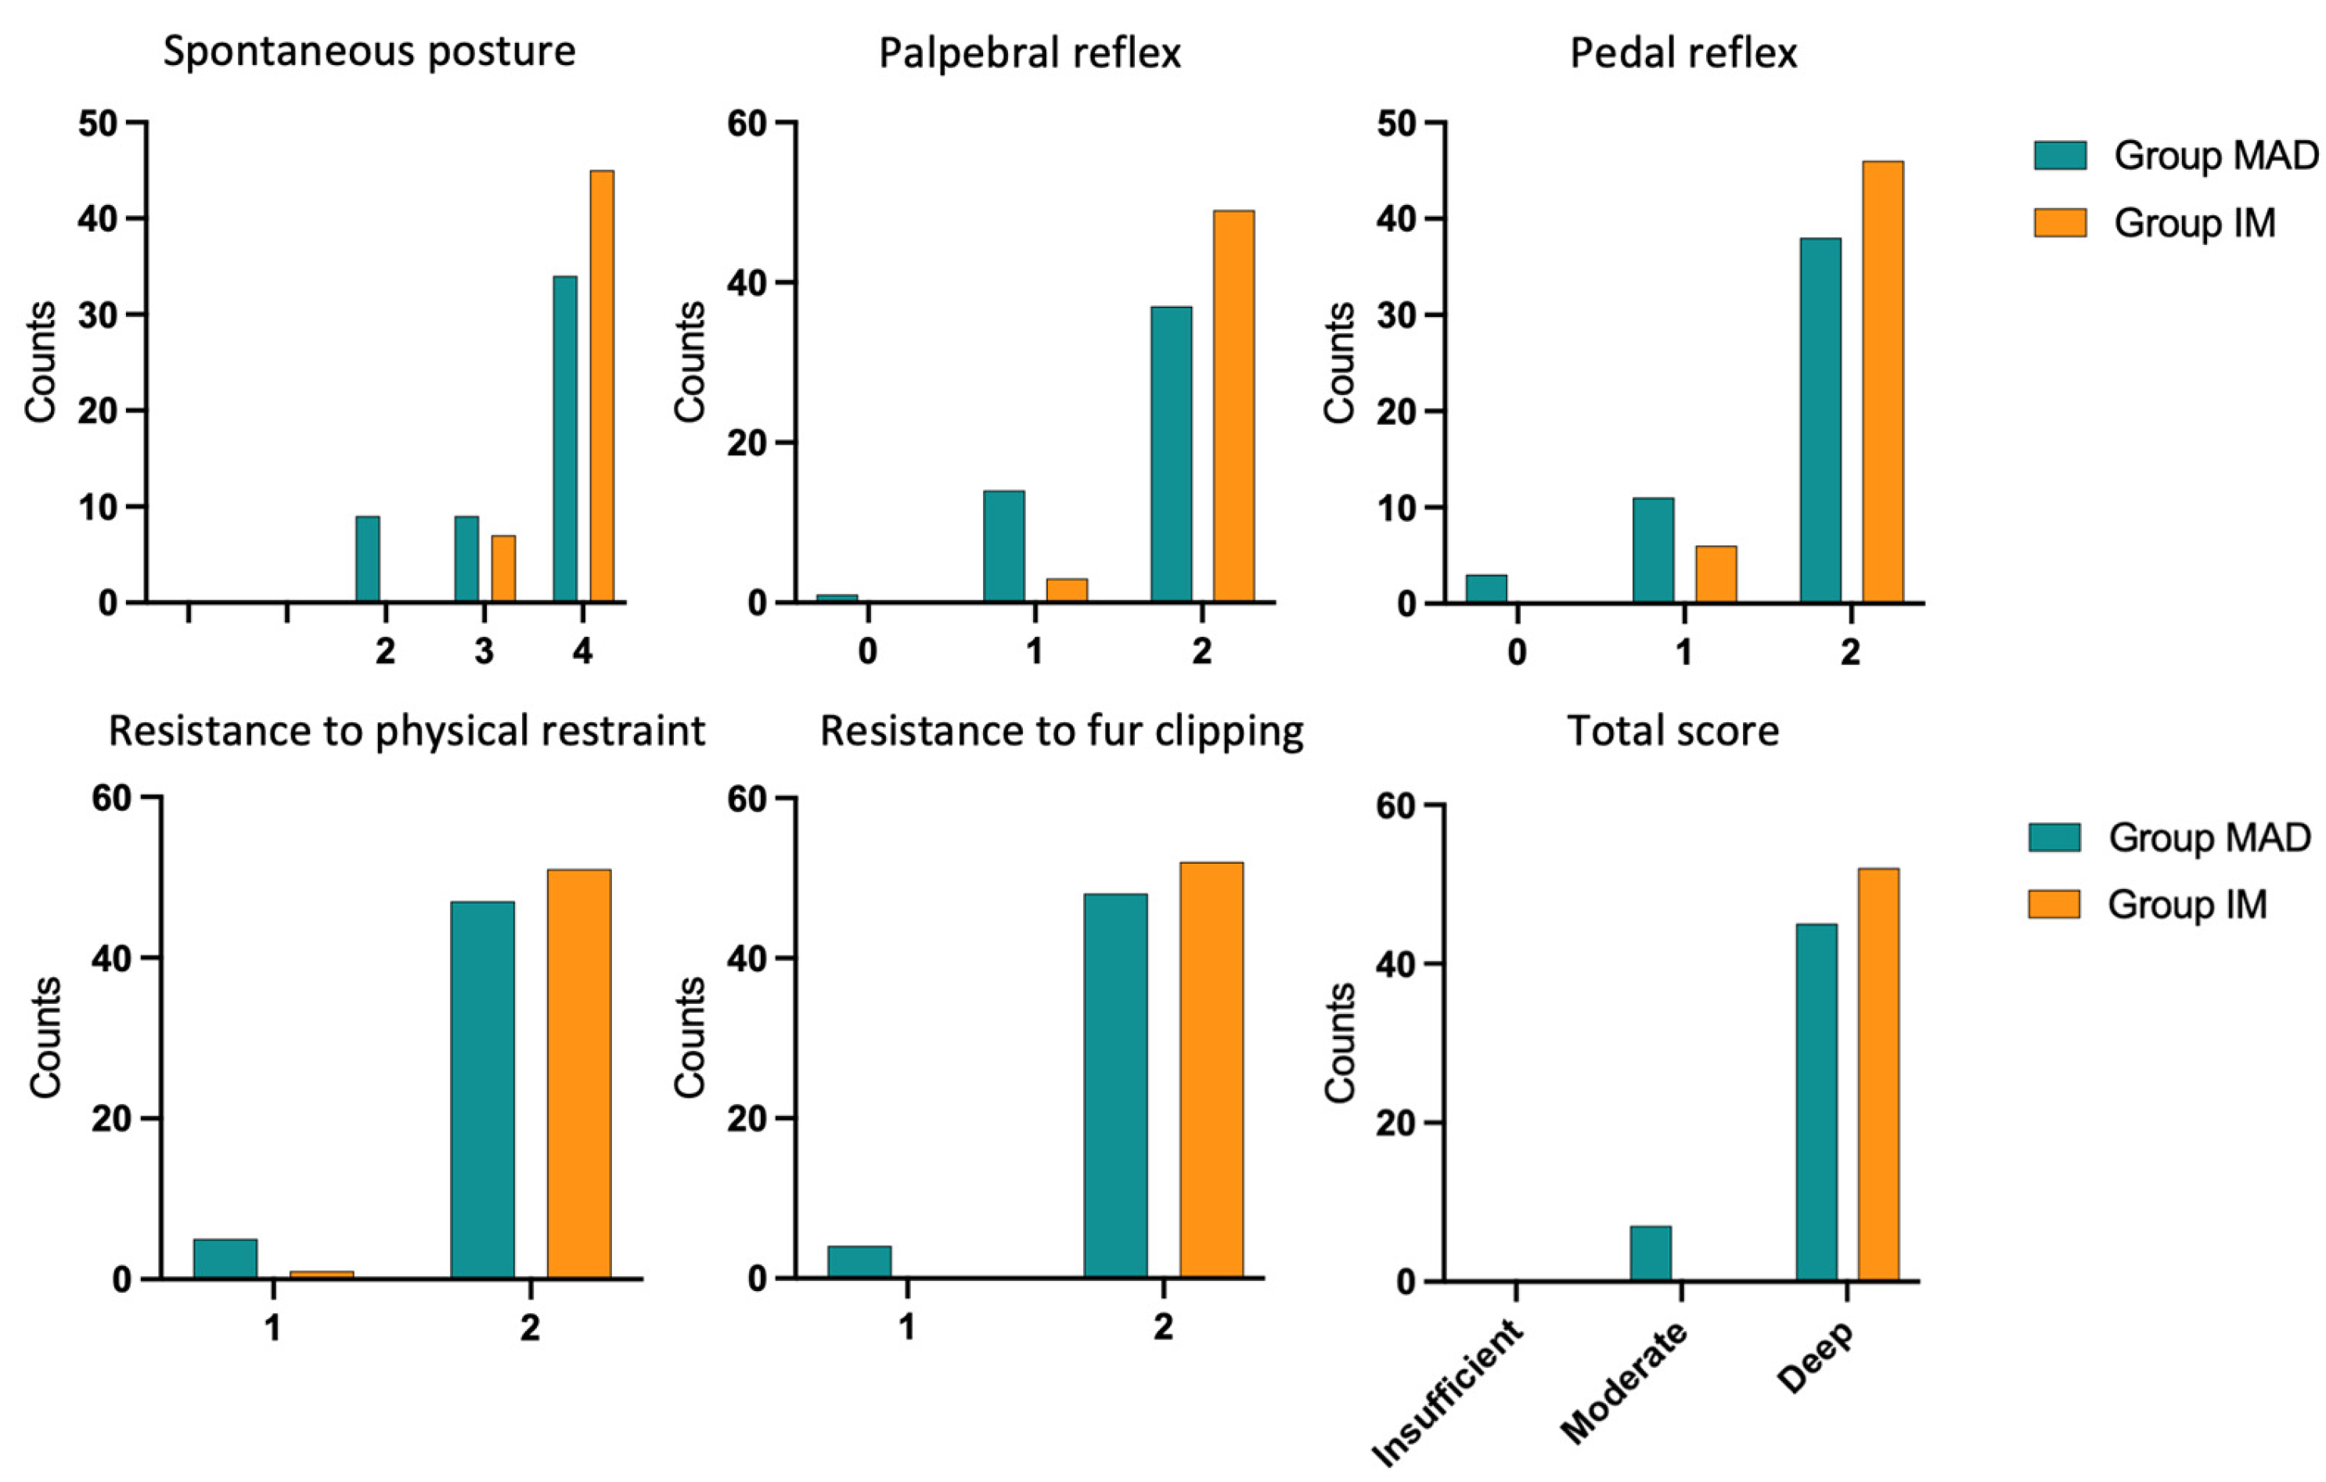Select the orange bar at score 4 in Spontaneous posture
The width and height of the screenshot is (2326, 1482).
[x=602, y=387]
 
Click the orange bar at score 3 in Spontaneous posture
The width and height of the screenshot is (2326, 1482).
[x=503, y=569]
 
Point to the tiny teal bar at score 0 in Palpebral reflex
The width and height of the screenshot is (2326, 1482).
[x=837, y=599]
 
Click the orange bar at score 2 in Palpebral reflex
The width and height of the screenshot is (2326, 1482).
[x=1233, y=406]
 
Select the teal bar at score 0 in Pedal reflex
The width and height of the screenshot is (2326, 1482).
[x=1486, y=589]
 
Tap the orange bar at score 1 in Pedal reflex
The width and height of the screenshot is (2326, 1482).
[x=1716, y=574]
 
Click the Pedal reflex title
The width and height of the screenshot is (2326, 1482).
[x=1683, y=52]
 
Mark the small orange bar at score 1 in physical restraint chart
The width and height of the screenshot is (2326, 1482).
[x=322, y=1275]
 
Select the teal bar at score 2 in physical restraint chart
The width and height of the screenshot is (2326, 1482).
[x=482, y=1090]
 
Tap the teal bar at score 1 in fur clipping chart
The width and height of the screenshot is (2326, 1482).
[x=859, y=1262]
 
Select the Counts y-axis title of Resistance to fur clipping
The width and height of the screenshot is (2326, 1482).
[x=690, y=1038]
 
